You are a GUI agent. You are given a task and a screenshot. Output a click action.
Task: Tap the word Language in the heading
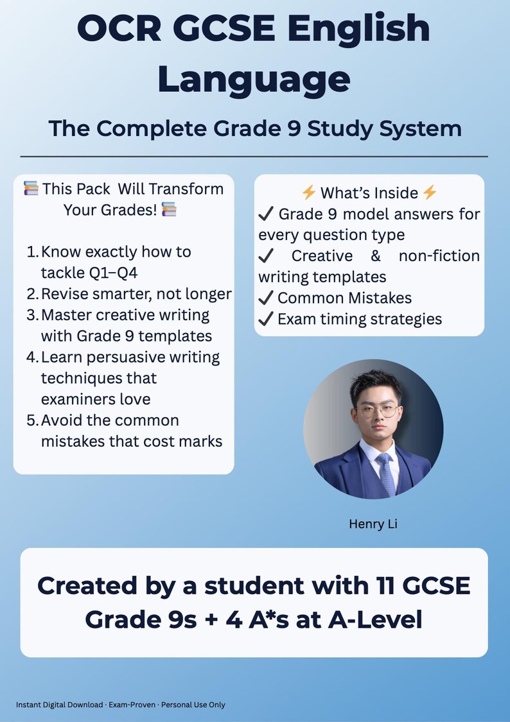tap(254, 80)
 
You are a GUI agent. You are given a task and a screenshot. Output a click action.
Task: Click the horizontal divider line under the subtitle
tap(254, 156)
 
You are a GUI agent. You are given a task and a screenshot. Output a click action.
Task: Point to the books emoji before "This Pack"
tap(31, 189)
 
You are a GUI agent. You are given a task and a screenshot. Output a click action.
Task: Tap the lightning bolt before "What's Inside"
tap(309, 193)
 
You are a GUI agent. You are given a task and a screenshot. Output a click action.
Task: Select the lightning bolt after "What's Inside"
tap(430, 193)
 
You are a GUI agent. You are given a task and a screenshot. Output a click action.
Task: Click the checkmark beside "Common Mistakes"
tap(265, 298)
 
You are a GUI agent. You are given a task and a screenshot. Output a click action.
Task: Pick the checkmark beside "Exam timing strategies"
tap(265, 319)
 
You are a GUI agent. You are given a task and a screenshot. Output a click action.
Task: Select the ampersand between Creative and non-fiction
tap(376, 256)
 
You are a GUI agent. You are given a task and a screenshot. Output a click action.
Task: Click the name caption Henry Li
tap(373, 524)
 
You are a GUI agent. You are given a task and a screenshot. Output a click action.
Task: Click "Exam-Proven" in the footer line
tap(132, 705)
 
